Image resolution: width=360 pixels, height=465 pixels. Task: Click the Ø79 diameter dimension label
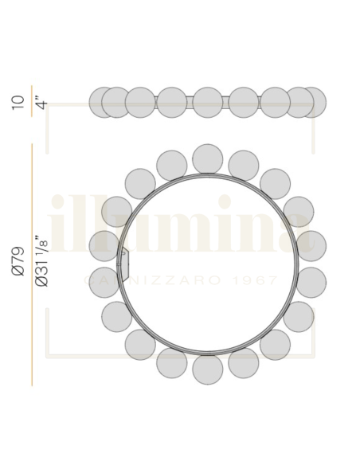[x=18, y=261]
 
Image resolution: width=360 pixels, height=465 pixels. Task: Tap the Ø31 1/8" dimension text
[x=41, y=261]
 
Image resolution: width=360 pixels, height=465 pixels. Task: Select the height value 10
[x=18, y=103]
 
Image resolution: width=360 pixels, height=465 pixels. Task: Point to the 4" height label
[x=42, y=102]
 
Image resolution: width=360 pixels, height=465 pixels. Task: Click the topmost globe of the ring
[x=207, y=159]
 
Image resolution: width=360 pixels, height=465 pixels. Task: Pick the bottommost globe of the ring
[x=208, y=369]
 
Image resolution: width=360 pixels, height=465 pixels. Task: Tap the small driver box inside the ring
[x=124, y=265]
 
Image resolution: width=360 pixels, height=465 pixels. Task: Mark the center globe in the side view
[x=207, y=102]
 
